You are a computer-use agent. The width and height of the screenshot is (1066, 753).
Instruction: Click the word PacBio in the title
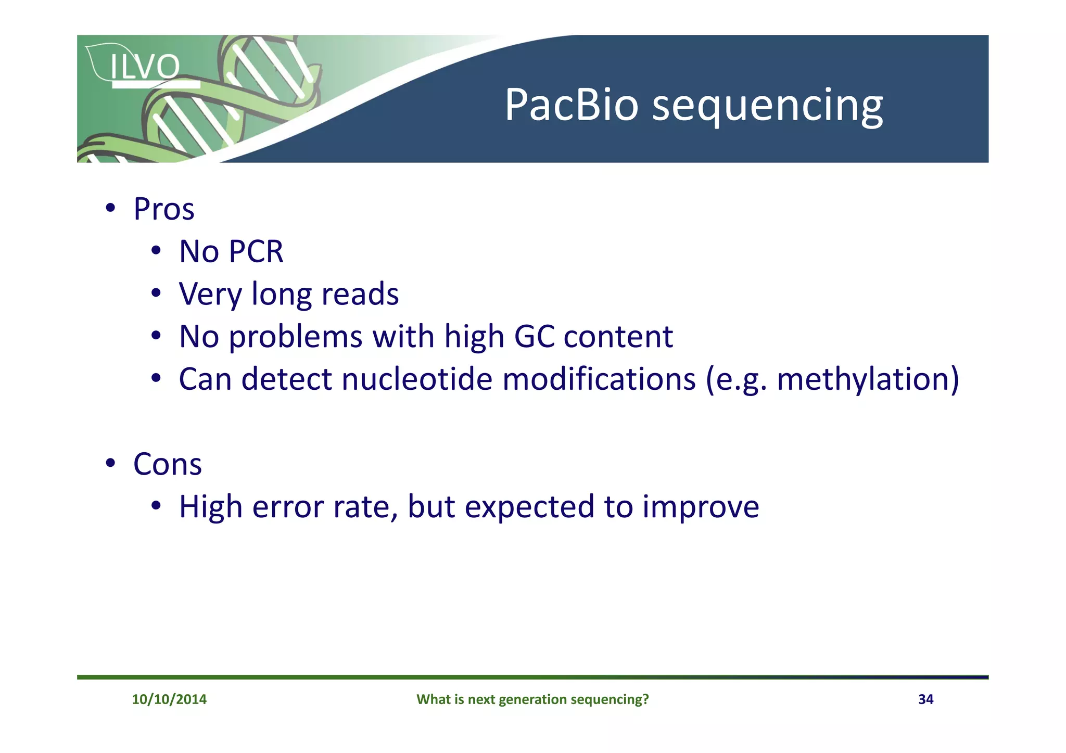(571, 105)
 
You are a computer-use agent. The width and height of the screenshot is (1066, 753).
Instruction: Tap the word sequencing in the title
(767, 107)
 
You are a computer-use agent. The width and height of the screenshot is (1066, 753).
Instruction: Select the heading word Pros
(164, 209)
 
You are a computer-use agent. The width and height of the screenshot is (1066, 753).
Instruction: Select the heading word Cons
(167, 464)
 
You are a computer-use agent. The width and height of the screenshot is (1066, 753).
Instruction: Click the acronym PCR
(256, 252)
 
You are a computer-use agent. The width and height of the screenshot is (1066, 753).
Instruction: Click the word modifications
(599, 379)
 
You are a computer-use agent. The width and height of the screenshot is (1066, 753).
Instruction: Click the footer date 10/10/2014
(169, 699)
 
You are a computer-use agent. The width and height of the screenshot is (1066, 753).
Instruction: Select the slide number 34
(925, 699)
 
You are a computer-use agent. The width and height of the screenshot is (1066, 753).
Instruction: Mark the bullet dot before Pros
(110, 208)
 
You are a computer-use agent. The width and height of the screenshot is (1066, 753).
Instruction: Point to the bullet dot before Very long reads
(156, 293)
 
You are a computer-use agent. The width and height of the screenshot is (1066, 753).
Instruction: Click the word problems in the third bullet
(295, 337)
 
